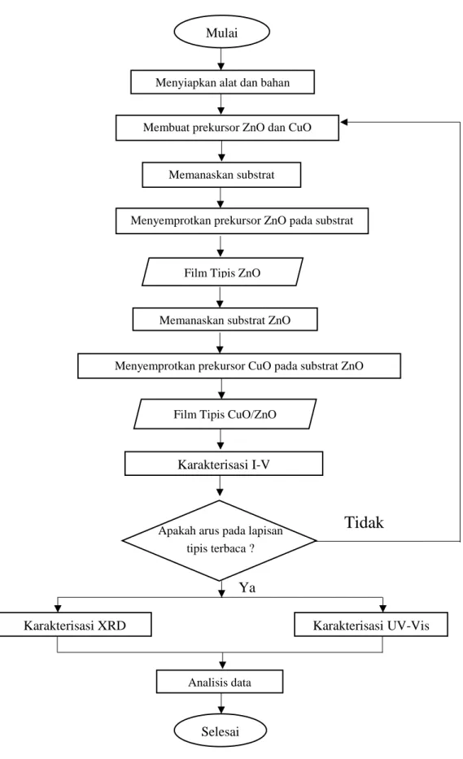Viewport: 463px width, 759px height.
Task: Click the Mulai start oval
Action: tap(222, 33)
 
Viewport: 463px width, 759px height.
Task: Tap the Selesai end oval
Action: tap(221, 731)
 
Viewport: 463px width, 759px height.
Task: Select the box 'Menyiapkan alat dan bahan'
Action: tap(222, 82)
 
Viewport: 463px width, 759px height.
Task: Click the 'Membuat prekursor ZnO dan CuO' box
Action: tap(227, 128)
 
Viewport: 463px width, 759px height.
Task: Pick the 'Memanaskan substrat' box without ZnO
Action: tap(221, 175)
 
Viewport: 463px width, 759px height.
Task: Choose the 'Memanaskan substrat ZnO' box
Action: tap(225, 320)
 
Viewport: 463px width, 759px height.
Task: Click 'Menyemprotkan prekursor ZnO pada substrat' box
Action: tap(242, 221)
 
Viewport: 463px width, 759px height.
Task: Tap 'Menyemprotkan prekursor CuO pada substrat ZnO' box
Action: tap(239, 366)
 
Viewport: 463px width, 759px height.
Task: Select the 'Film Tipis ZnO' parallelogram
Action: tap(222, 272)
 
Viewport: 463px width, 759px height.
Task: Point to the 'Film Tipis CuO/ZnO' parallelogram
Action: tap(225, 414)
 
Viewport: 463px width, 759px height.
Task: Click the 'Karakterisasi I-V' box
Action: tap(224, 465)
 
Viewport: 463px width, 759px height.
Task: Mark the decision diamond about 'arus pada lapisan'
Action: tap(220, 540)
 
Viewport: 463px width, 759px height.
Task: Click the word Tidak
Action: tap(365, 522)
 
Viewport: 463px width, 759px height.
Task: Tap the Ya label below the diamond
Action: tap(247, 587)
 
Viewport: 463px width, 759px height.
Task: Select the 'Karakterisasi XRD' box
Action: tap(75, 625)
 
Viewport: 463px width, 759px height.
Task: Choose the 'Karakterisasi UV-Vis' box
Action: tap(371, 625)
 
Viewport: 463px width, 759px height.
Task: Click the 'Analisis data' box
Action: tap(220, 682)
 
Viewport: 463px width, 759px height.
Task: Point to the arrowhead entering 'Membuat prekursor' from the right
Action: tap(343, 122)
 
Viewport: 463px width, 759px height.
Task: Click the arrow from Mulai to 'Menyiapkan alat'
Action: tap(221, 59)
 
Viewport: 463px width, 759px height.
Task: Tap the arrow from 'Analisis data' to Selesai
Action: tap(221, 704)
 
